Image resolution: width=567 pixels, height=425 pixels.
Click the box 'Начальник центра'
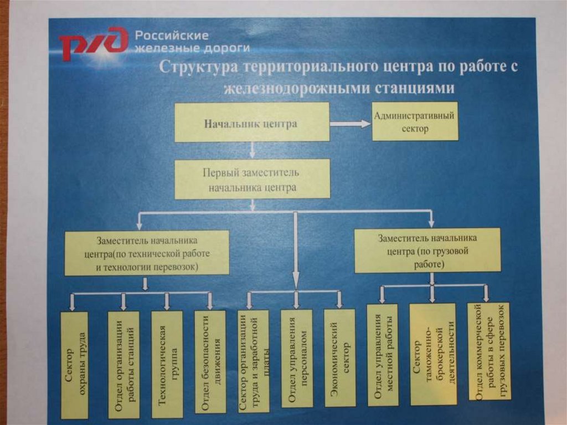252,122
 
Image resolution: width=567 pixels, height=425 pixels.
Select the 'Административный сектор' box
415,121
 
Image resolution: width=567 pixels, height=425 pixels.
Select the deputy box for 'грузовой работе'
427,251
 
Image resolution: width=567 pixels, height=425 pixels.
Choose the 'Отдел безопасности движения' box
210,361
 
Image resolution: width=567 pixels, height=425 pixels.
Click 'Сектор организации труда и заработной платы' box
253,361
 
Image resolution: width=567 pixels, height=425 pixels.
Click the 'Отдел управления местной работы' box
383,356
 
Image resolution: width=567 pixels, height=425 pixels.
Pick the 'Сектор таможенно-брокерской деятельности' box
432,355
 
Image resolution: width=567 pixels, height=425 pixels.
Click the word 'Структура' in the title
192,68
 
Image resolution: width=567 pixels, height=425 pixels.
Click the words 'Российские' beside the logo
172,35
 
